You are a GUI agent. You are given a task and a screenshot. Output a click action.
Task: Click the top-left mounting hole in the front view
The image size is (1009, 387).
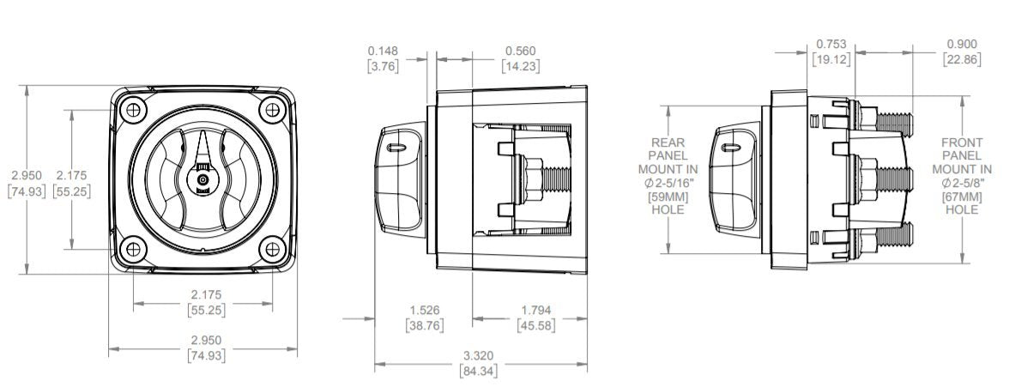click(x=133, y=110)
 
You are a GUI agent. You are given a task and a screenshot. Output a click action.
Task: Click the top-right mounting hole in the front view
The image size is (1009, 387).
click(x=272, y=110)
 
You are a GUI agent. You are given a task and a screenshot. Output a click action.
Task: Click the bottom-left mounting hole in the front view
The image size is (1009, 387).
click(x=133, y=248)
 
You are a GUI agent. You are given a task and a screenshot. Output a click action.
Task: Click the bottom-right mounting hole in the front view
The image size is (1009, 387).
click(x=272, y=248)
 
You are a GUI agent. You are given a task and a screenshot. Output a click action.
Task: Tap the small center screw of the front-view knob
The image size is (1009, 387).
click(x=202, y=179)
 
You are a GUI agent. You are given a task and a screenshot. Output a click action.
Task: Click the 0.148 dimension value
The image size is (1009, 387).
click(x=384, y=51)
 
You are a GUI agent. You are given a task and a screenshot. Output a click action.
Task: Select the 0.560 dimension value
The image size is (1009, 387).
click(x=521, y=51)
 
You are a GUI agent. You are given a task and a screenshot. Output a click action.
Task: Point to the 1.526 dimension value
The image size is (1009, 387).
click(x=425, y=311)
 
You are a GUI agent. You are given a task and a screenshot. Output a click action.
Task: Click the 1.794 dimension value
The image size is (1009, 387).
click(x=536, y=311)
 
